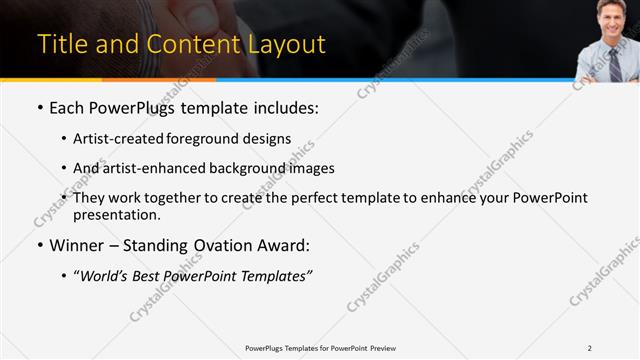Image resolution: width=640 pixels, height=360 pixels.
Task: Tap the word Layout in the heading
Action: click(286, 45)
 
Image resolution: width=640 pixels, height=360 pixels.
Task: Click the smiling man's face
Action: click(611, 18)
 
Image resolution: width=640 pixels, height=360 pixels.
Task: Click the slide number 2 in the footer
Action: click(589, 348)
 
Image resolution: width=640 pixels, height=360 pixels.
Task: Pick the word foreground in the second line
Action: click(212, 139)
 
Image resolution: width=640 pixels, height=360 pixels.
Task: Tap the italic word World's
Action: click(103, 277)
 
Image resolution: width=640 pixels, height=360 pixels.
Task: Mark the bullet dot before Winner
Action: click(39, 245)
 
